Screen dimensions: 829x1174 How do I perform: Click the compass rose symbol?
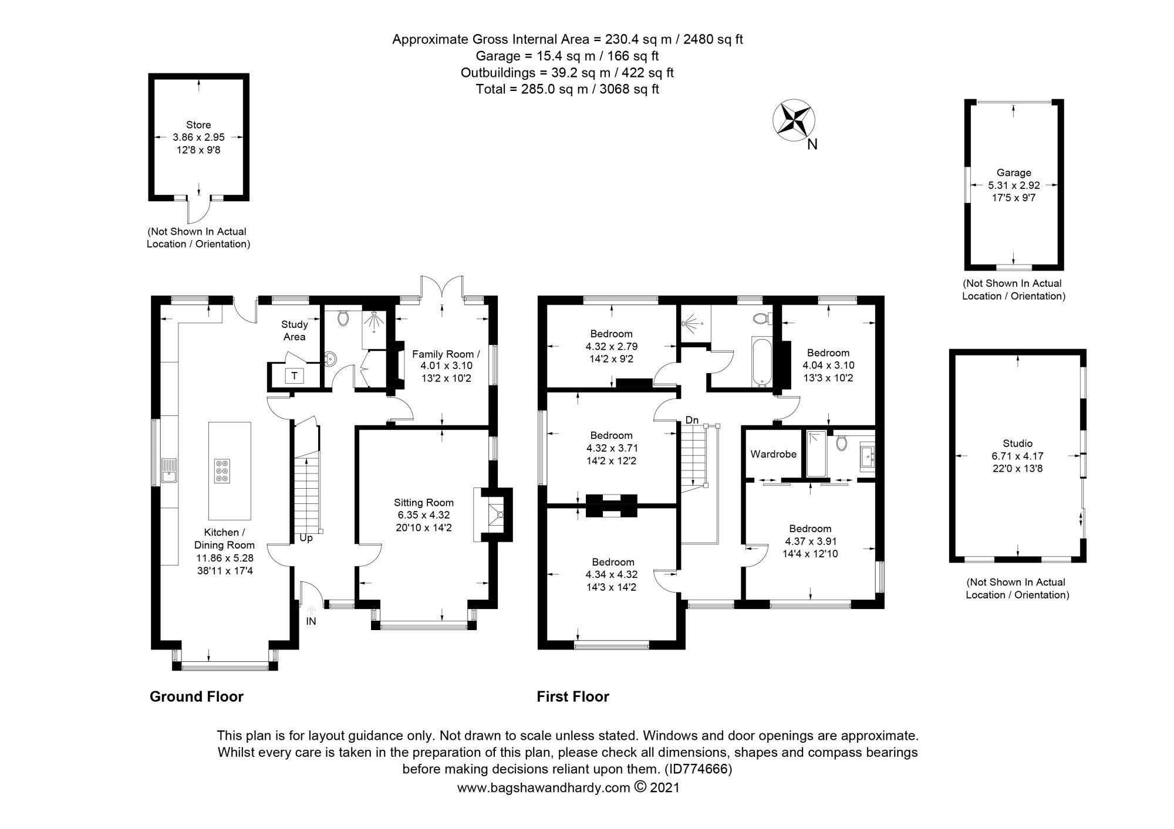click(x=794, y=120)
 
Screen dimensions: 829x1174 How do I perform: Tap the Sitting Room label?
click(x=423, y=502)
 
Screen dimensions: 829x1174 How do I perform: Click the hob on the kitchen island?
click(x=222, y=471)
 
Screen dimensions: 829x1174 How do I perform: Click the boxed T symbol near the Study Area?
click(x=294, y=375)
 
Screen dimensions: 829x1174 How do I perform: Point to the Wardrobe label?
click(x=773, y=454)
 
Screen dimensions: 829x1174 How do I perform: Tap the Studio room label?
click(x=1017, y=444)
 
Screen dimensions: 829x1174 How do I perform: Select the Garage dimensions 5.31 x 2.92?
click(x=1014, y=185)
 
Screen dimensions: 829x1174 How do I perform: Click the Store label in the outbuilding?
click(x=198, y=124)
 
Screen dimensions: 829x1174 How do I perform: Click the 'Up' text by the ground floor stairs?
click(x=306, y=537)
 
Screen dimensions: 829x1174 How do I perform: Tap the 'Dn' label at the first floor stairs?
click(x=691, y=420)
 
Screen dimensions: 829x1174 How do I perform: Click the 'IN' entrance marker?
click(x=311, y=621)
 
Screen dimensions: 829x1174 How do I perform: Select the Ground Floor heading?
click(x=196, y=696)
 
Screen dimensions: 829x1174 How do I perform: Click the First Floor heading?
click(x=572, y=696)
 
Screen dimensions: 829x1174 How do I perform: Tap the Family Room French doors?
click(x=442, y=289)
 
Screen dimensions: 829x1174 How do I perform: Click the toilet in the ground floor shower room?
click(x=343, y=319)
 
